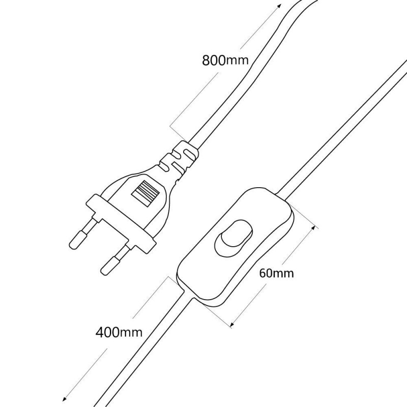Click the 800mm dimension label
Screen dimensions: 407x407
click(225, 60)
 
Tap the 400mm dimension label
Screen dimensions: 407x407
click(119, 332)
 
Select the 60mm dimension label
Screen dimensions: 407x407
click(277, 273)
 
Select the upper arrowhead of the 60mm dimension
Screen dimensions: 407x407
click(314, 228)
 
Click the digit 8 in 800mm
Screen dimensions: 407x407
click(206, 60)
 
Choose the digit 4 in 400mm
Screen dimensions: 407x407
click(100, 332)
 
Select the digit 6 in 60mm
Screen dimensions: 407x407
click(263, 273)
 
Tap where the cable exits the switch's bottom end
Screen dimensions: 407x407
click(189, 296)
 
